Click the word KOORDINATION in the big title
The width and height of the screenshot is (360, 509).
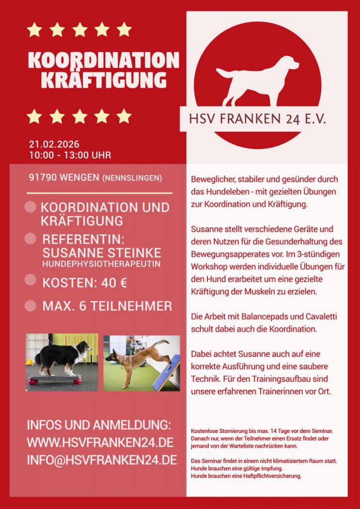click(103, 60)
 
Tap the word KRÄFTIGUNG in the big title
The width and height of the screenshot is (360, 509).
click(103, 80)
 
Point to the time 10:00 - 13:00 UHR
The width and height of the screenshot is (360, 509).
click(70, 155)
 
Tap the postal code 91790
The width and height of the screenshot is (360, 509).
click(42, 178)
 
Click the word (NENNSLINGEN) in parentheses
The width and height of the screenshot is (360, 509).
click(132, 178)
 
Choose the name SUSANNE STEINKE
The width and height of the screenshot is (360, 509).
click(102, 252)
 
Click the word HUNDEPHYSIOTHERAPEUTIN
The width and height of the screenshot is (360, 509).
click(101, 263)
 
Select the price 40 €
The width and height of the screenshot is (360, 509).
click(114, 283)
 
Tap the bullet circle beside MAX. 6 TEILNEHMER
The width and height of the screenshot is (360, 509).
click(30, 305)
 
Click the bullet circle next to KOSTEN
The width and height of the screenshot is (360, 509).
click(30, 280)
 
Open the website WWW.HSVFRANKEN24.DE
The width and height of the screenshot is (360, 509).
click(100, 442)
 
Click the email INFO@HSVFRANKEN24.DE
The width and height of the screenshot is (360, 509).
click(102, 459)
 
